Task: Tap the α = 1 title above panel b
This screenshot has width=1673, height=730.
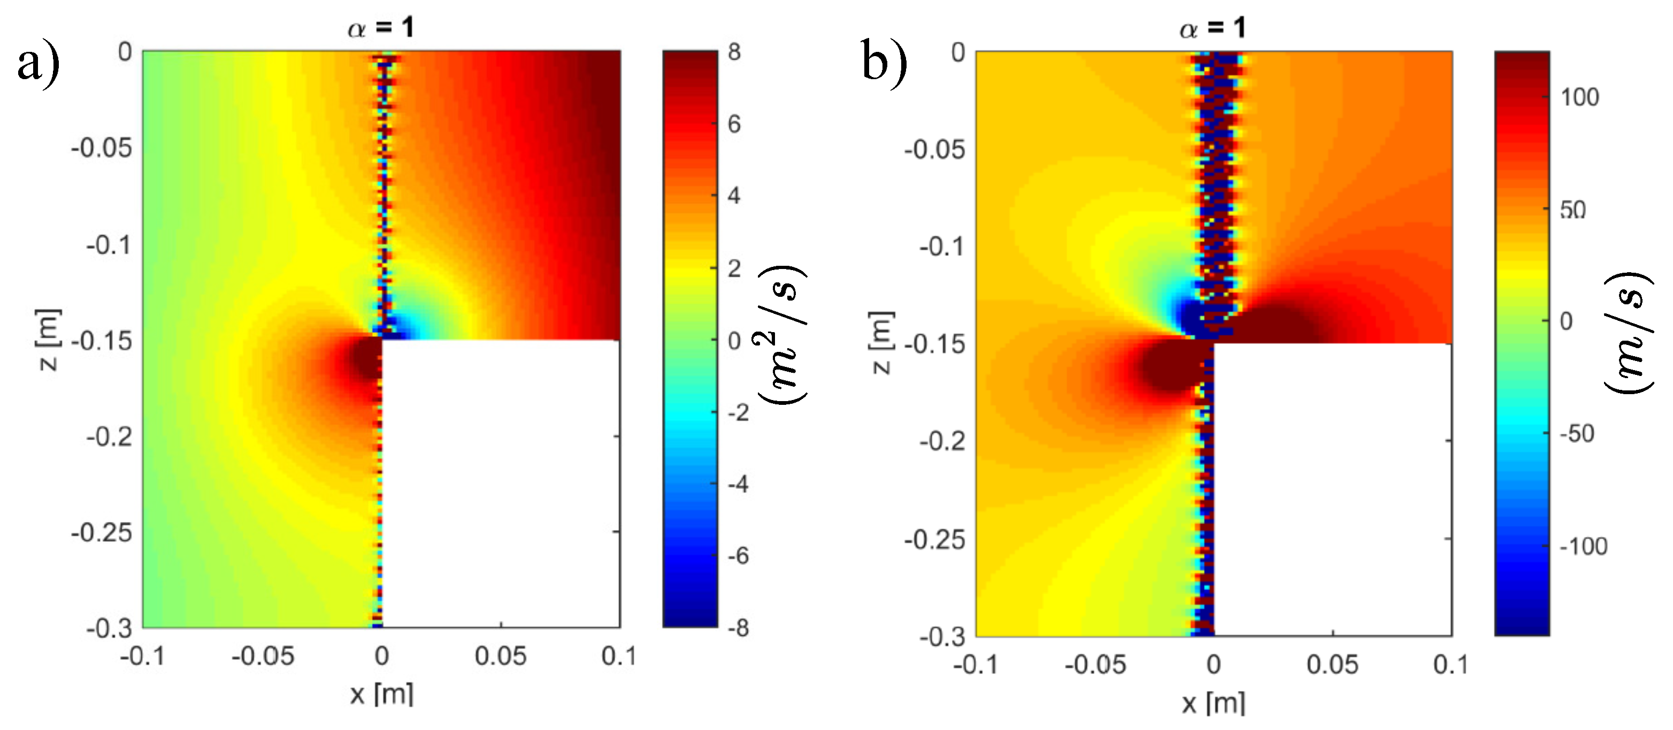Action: pos(1212,27)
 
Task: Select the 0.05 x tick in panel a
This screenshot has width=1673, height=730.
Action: pos(500,656)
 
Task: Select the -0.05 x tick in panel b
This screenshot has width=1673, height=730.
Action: pos(1095,664)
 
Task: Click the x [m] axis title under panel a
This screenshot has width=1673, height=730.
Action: pos(381,694)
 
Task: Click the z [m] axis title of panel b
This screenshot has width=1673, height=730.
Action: pos(881,342)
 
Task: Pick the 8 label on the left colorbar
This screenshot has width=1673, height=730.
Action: pos(734,52)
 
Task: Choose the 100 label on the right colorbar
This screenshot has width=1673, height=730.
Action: pos(1580,97)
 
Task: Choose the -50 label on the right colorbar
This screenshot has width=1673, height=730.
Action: pos(1577,433)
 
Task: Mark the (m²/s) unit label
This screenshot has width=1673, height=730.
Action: pos(782,334)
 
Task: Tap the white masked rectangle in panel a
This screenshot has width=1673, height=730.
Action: pos(500,484)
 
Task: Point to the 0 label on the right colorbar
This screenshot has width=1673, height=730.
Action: pos(1567,321)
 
